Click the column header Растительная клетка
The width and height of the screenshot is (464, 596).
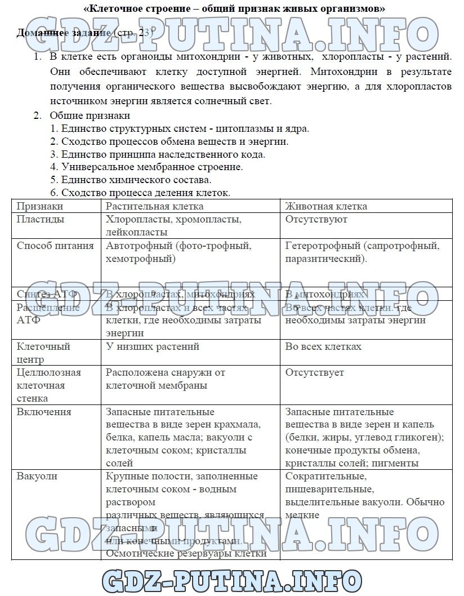pyautogui.click(x=154, y=206)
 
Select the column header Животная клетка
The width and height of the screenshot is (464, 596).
pyautogui.click(x=326, y=206)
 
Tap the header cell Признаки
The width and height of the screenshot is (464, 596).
pyautogui.click(x=39, y=206)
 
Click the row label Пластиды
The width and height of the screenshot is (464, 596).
pyautogui.click(x=41, y=219)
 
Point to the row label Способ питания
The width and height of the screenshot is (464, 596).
pyautogui.click(x=55, y=246)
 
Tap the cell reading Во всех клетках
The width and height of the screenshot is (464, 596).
pyautogui.click(x=323, y=346)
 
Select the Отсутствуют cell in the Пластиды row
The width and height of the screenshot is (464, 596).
pyautogui.click(x=316, y=219)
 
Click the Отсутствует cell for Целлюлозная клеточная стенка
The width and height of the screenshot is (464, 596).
pyautogui.click(x=314, y=372)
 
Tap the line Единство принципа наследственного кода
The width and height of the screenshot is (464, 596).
pyautogui.click(x=158, y=154)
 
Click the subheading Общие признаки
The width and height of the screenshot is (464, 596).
pyautogui.click(x=90, y=115)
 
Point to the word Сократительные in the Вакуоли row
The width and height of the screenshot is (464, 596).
pyautogui.click(x=325, y=476)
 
